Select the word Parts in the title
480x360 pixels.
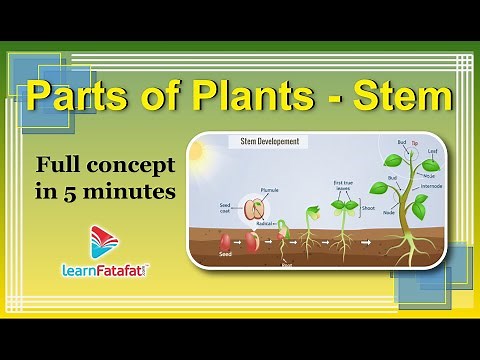click(x=77, y=98)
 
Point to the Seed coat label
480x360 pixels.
click(x=226, y=210)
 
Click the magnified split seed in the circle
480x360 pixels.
click(x=255, y=208)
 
